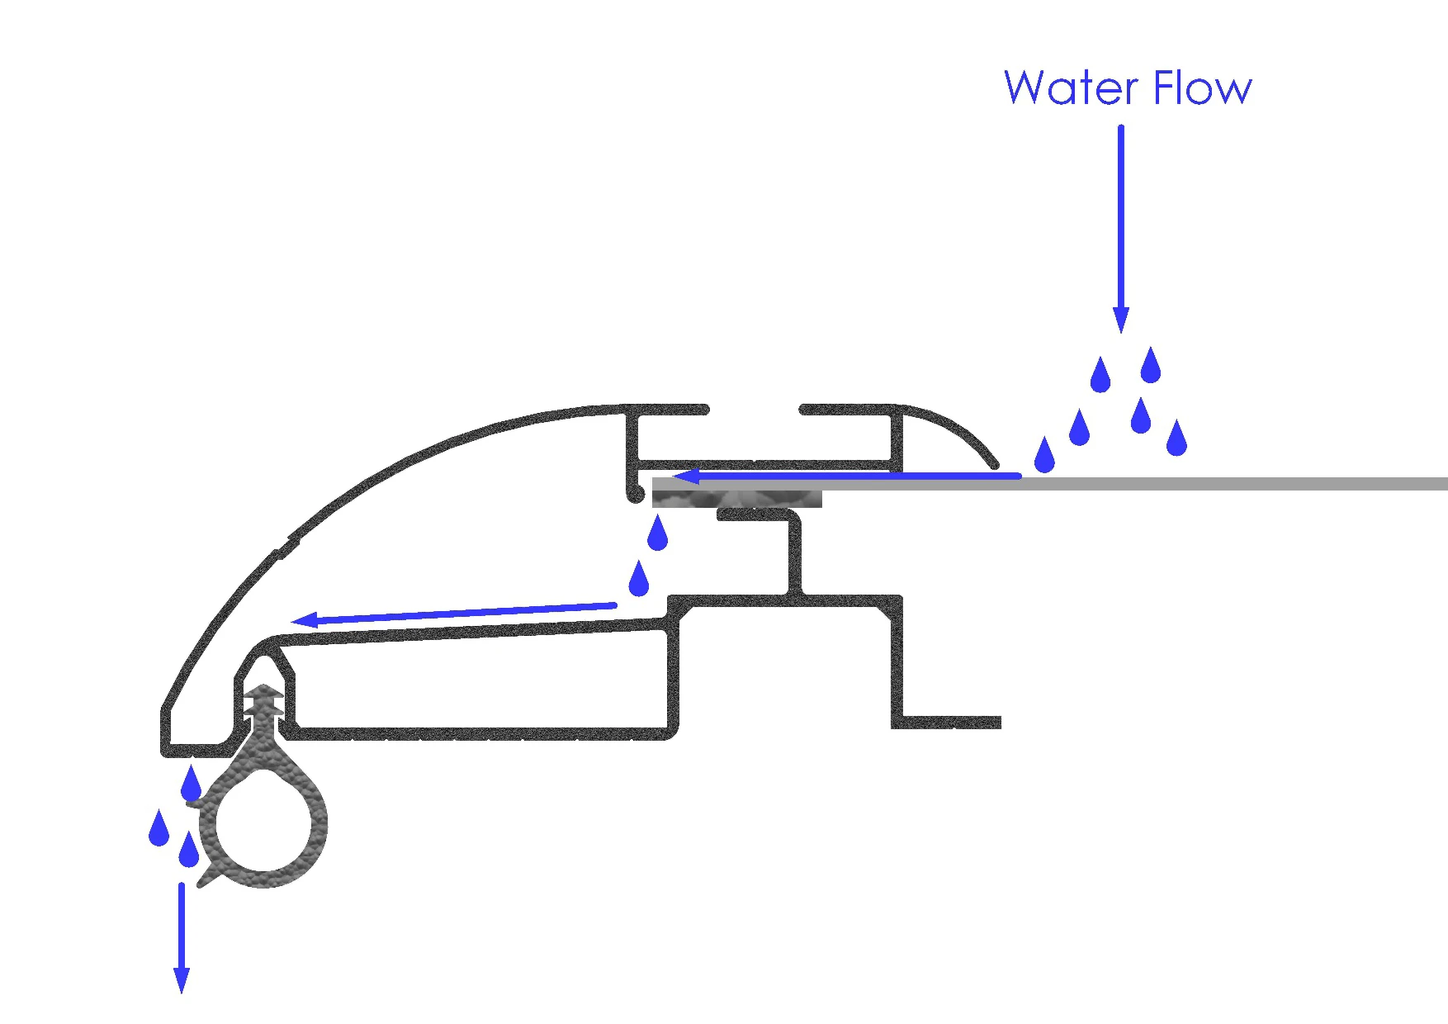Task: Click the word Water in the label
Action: click(1072, 88)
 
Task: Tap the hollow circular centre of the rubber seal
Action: click(263, 823)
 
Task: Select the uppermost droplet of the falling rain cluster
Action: click(1151, 366)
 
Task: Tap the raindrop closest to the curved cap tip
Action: click(1044, 455)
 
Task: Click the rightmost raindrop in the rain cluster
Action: click(1176, 439)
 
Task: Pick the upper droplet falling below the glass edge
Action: click(657, 533)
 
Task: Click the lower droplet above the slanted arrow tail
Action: click(638, 579)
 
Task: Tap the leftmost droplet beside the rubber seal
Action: click(159, 828)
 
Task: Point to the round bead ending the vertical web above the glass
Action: click(635, 495)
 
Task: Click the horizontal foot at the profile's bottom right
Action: click(949, 723)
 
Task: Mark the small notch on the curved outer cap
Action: click(284, 548)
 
